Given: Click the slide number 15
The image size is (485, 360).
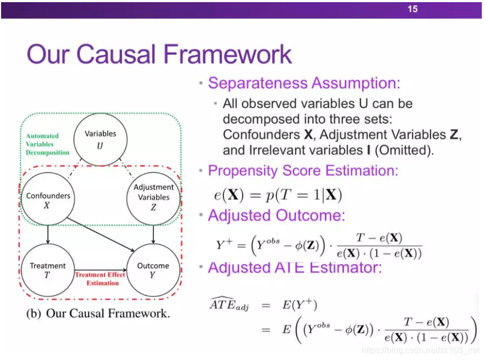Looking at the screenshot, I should point(412,9).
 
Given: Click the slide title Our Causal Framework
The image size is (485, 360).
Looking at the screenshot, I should point(159,54).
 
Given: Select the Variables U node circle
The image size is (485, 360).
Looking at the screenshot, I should point(101,139).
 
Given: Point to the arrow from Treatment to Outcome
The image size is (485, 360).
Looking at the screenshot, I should point(100,269).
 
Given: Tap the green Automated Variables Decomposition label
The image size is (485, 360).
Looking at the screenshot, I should point(47,144).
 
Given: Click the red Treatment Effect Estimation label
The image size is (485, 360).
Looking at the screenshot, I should point(100,279).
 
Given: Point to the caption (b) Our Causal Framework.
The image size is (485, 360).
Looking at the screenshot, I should point(98,314).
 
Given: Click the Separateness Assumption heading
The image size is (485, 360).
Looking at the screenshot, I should point(304,83).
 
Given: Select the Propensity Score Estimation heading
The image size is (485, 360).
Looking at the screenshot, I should point(303,171).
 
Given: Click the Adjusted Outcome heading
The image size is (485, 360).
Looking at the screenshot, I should point(276,216).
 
